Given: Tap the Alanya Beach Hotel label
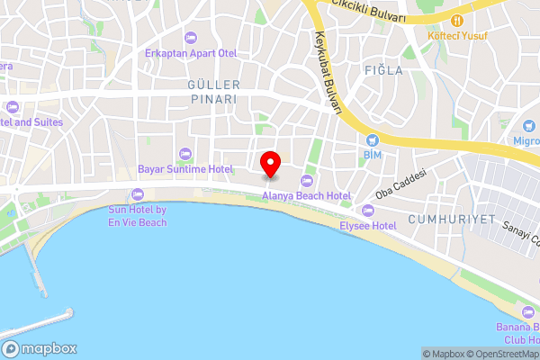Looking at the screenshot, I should coord(306,195).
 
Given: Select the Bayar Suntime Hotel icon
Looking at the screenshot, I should coord(184,153).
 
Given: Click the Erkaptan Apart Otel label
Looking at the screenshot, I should coord(191,52).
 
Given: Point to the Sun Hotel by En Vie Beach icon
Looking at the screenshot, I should coord(137,194).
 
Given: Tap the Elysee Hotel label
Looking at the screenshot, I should coord(368,225).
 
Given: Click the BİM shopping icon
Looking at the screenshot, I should coord(372,140).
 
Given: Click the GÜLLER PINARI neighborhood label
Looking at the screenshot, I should coord(211,92).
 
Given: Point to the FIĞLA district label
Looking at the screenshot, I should coord(377,69).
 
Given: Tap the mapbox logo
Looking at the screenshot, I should coord(39,348).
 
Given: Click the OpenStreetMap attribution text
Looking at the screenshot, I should coord(500,354).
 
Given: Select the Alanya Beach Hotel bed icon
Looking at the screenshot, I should coord(306,182).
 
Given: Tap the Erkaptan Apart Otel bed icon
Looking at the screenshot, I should coord(191,38).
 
